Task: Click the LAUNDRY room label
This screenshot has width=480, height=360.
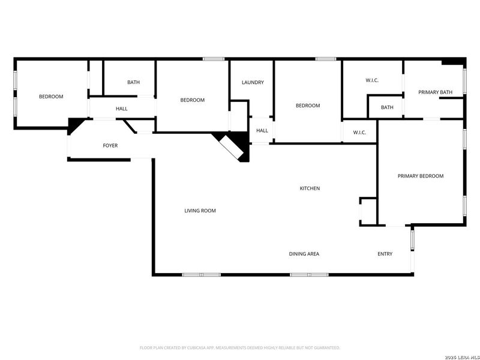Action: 253,82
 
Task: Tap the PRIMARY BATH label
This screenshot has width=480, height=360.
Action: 435,92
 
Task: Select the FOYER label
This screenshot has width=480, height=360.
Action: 110,145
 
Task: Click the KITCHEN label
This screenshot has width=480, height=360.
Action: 310,188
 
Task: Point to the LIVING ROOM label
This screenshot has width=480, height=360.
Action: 200,211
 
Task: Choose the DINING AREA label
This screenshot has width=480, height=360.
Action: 304,254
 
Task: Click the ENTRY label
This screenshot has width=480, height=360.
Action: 385,254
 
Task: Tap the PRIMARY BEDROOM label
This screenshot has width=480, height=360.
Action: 420,176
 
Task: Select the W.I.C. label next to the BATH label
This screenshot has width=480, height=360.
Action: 372,80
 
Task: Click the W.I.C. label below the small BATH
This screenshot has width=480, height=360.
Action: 359,133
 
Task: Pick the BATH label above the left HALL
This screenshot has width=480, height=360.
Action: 133,82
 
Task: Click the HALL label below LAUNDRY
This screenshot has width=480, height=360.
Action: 262,130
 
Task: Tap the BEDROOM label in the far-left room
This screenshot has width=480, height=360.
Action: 51,97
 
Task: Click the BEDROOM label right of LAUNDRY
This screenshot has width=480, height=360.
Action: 308,106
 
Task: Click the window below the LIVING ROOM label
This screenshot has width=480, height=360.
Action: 202,275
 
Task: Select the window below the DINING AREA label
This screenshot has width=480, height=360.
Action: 309,275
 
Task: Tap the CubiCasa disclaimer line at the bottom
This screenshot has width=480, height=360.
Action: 240,347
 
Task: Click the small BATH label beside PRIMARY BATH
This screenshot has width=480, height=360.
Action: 387,107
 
